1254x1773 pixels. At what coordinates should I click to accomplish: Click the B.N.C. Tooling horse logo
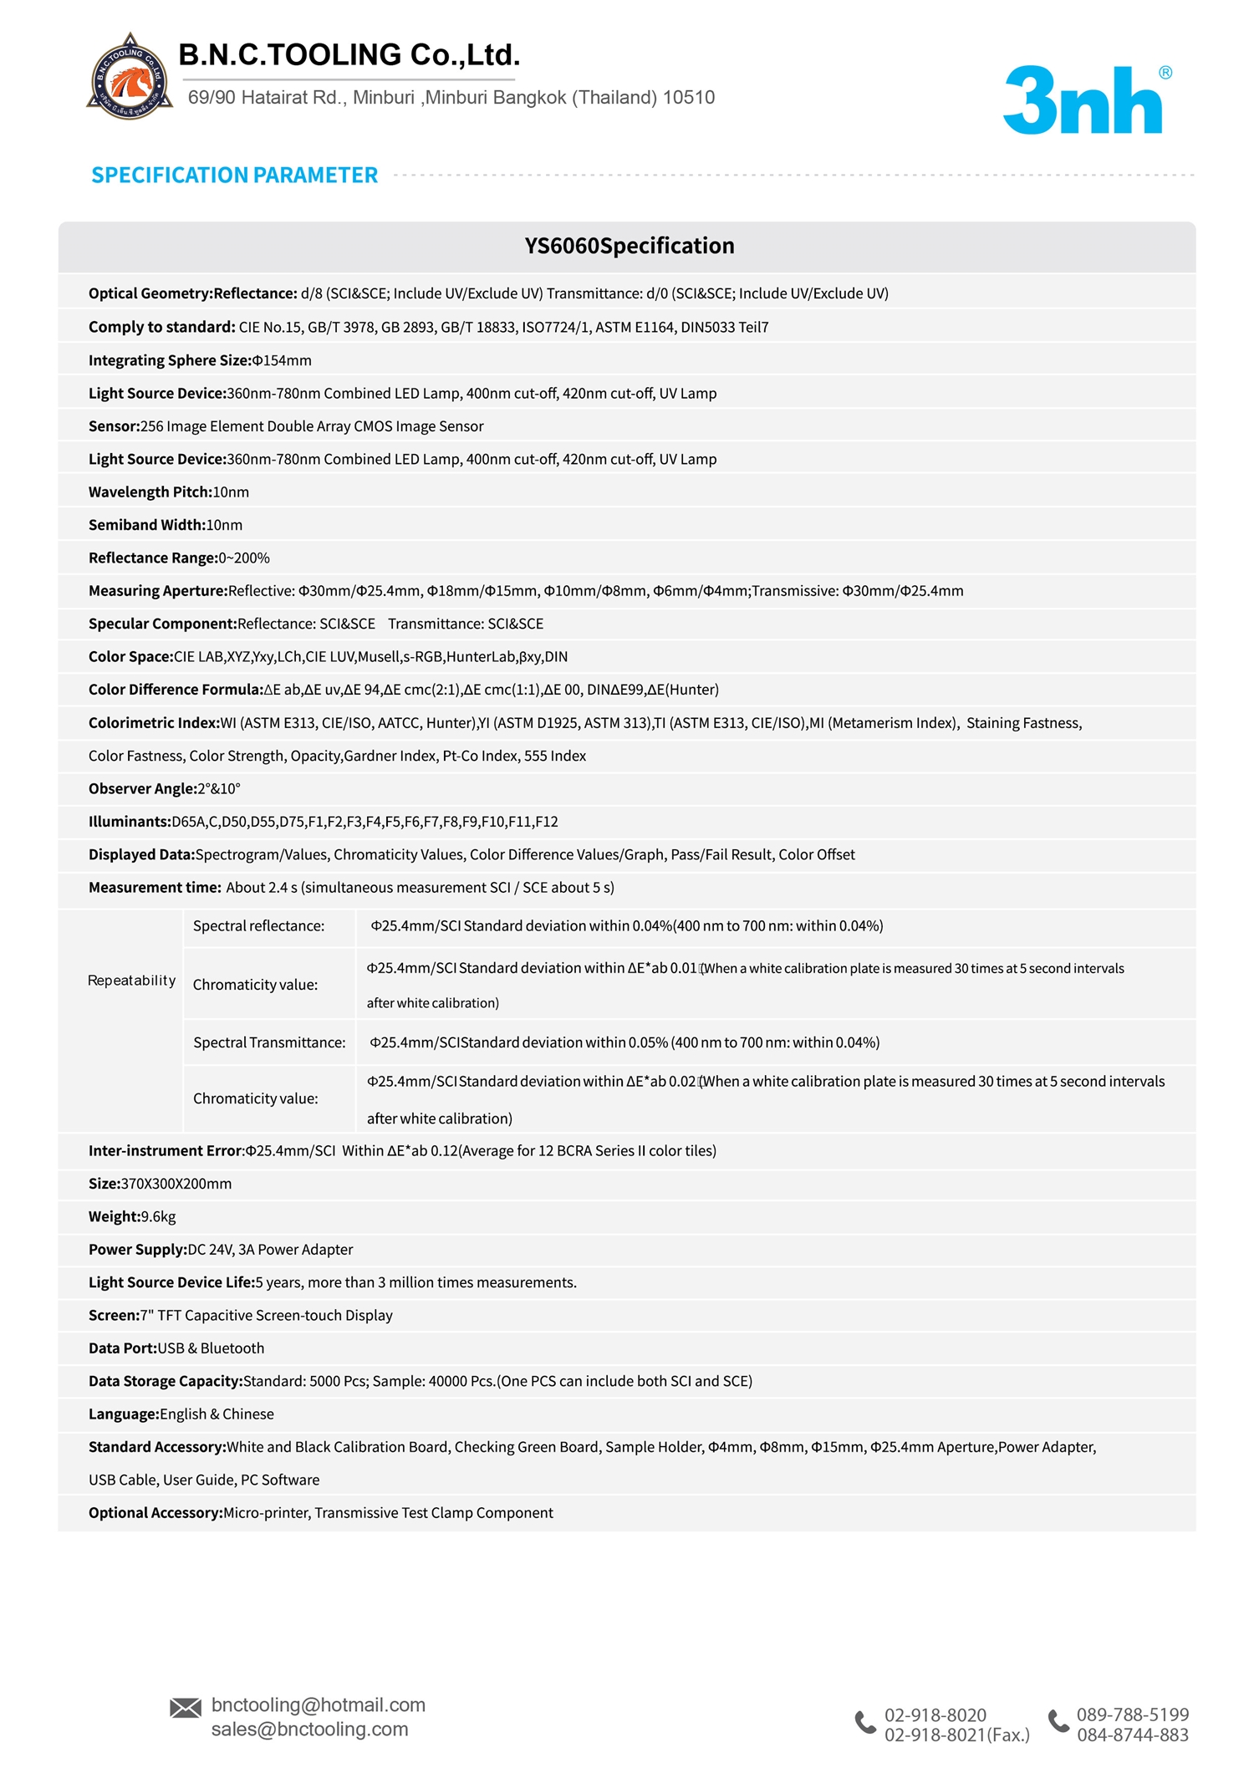click(130, 78)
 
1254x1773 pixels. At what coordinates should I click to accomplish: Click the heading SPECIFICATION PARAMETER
click(234, 176)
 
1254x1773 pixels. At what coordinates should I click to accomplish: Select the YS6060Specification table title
click(629, 246)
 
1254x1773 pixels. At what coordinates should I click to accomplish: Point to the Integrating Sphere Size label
click(170, 360)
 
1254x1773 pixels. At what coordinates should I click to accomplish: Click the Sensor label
click(114, 426)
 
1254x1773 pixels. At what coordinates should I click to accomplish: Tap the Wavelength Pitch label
click(150, 492)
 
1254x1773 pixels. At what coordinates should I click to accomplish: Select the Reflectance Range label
click(153, 558)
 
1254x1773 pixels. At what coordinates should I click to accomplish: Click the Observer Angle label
click(142, 789)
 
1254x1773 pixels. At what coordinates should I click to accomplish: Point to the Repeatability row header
click(131, 981)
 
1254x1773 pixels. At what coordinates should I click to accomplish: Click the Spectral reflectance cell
click(258, 926)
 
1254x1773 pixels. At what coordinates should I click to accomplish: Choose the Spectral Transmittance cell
click(269, 1042)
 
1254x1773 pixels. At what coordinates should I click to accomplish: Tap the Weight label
click(115, 1217)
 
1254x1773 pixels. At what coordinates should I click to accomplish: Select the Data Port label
click(123, 1348)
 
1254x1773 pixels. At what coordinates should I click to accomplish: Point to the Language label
click(124, 1414)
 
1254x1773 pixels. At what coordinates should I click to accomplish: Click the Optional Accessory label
click(155, 1513)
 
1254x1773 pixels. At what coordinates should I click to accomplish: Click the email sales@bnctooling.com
click(309, 1730)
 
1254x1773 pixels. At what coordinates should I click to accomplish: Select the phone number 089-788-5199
click(1132, 1714)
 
